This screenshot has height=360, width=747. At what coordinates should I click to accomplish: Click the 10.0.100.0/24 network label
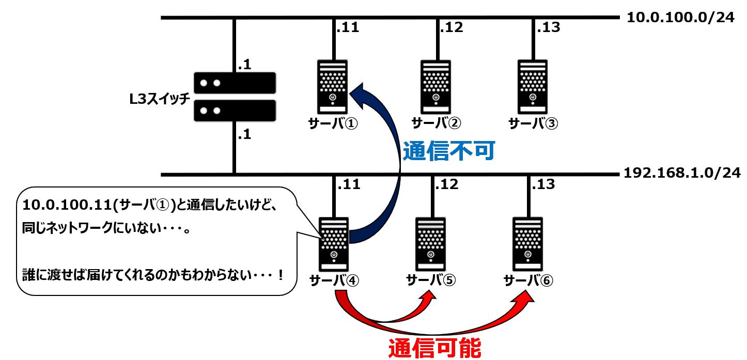[680, 18]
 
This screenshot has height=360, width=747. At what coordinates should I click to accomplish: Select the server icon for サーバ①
[332, 86]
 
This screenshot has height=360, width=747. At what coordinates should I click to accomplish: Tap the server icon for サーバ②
[435, 86]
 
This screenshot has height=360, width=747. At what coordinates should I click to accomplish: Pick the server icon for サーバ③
[533, 86]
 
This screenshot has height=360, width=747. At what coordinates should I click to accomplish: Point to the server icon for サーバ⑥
[527, 244]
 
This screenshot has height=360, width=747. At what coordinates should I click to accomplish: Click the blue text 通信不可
[449, 151]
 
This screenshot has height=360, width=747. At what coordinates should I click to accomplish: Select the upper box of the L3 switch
[235, 83]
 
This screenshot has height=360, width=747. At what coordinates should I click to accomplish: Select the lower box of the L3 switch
[235, 111]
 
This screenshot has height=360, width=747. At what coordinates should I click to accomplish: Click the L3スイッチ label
[161, 99]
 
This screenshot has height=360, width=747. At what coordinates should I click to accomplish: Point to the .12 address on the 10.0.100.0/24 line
[450, 27]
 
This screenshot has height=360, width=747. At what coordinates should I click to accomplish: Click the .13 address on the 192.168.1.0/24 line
[543, 184]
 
